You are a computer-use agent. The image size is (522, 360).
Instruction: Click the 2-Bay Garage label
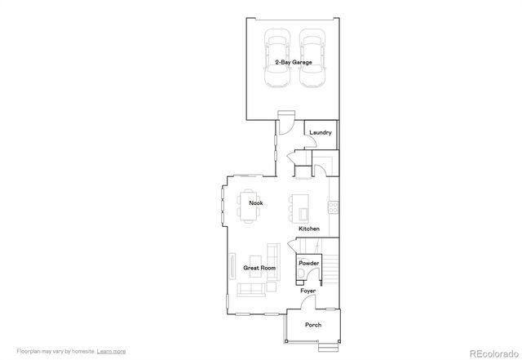point(294,62)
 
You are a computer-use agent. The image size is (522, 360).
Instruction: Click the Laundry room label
point(320,132)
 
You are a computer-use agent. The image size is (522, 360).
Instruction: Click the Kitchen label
point(309,229)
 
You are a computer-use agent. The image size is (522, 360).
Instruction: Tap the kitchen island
point(299,208)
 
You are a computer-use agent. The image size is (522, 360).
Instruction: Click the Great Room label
point(259,268)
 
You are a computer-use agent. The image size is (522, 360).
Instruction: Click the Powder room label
point(308,264)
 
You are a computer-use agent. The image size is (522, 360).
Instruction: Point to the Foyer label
point(307,291)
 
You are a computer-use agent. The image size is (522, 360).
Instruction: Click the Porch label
point(313,325)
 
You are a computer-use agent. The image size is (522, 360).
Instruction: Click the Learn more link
point(111,352)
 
